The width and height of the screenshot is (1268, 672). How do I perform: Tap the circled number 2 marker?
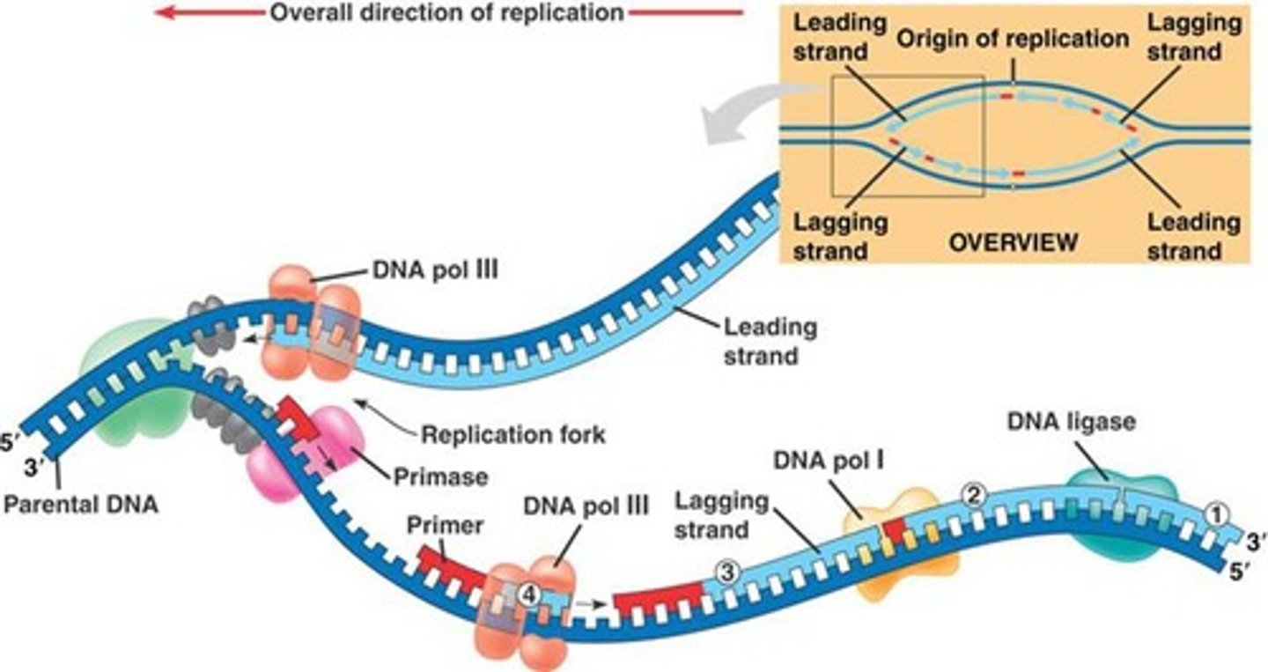tap(973, 494)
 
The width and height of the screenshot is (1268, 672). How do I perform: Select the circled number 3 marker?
tap(726, 572)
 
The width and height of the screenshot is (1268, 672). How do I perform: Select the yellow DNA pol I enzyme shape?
tap(898, 546)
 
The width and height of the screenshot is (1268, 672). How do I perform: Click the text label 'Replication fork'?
tap(513, 434)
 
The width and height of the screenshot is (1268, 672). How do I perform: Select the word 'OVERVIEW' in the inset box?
tap(1013, 240)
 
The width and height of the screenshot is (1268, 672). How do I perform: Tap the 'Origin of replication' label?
tap(1013, 39)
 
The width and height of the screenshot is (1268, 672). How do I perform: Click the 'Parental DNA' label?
tap(80, 507)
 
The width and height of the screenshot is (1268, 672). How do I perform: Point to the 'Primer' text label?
tap(446, 525)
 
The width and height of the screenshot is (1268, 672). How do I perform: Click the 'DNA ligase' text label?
tap(1071, 422)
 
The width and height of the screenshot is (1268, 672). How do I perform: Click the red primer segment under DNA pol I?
tap(895, 531)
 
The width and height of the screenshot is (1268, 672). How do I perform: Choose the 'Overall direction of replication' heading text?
tap(446, 13)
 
